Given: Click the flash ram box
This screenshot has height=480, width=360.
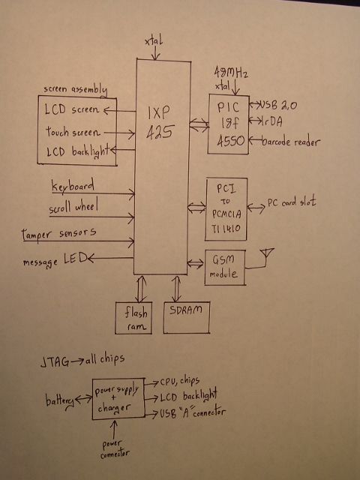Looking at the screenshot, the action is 133,318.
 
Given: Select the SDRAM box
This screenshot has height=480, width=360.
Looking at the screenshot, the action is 187,317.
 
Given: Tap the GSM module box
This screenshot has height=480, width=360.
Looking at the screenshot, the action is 225,268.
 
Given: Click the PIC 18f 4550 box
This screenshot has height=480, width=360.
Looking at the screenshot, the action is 228,124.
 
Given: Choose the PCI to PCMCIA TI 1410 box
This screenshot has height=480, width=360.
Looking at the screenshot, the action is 226,209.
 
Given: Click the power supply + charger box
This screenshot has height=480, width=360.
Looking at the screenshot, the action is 118,398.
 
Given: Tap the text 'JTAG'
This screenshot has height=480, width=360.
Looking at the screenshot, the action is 55,362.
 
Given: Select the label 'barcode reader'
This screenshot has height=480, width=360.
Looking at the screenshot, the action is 291,142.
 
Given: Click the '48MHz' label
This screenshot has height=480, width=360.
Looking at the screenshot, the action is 231,72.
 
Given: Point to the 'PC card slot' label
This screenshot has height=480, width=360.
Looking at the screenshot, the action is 292,202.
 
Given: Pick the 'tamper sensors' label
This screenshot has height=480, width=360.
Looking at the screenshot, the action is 58,234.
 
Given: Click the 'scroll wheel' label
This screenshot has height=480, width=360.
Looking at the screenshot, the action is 73,207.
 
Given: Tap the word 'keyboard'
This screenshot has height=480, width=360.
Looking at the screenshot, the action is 73,186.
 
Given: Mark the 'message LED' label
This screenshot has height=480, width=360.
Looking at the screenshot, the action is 55,260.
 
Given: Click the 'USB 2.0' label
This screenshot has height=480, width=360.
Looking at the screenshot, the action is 278,105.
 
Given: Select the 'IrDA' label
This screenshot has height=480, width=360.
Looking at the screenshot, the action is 272,121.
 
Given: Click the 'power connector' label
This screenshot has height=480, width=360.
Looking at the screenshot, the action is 115,449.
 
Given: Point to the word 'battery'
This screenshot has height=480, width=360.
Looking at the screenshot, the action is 60,401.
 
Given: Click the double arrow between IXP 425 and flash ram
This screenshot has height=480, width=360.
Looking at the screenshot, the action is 140,289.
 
